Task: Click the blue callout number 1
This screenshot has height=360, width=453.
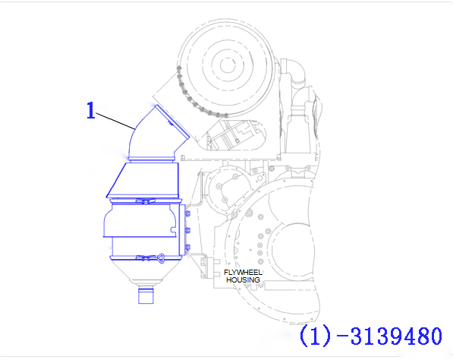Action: [91, 110]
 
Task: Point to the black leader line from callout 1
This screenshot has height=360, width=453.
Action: [115, 121]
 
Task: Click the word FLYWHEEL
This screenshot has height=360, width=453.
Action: [243, 273]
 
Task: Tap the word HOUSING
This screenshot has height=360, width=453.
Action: [243, 280]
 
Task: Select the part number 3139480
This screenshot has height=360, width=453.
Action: [396, 336]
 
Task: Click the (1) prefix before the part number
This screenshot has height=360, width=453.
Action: [315, 336]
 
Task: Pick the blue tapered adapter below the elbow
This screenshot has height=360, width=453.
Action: [143, 180]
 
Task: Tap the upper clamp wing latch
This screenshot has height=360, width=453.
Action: [146, 201]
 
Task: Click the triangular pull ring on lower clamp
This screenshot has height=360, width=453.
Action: [160, 257]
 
